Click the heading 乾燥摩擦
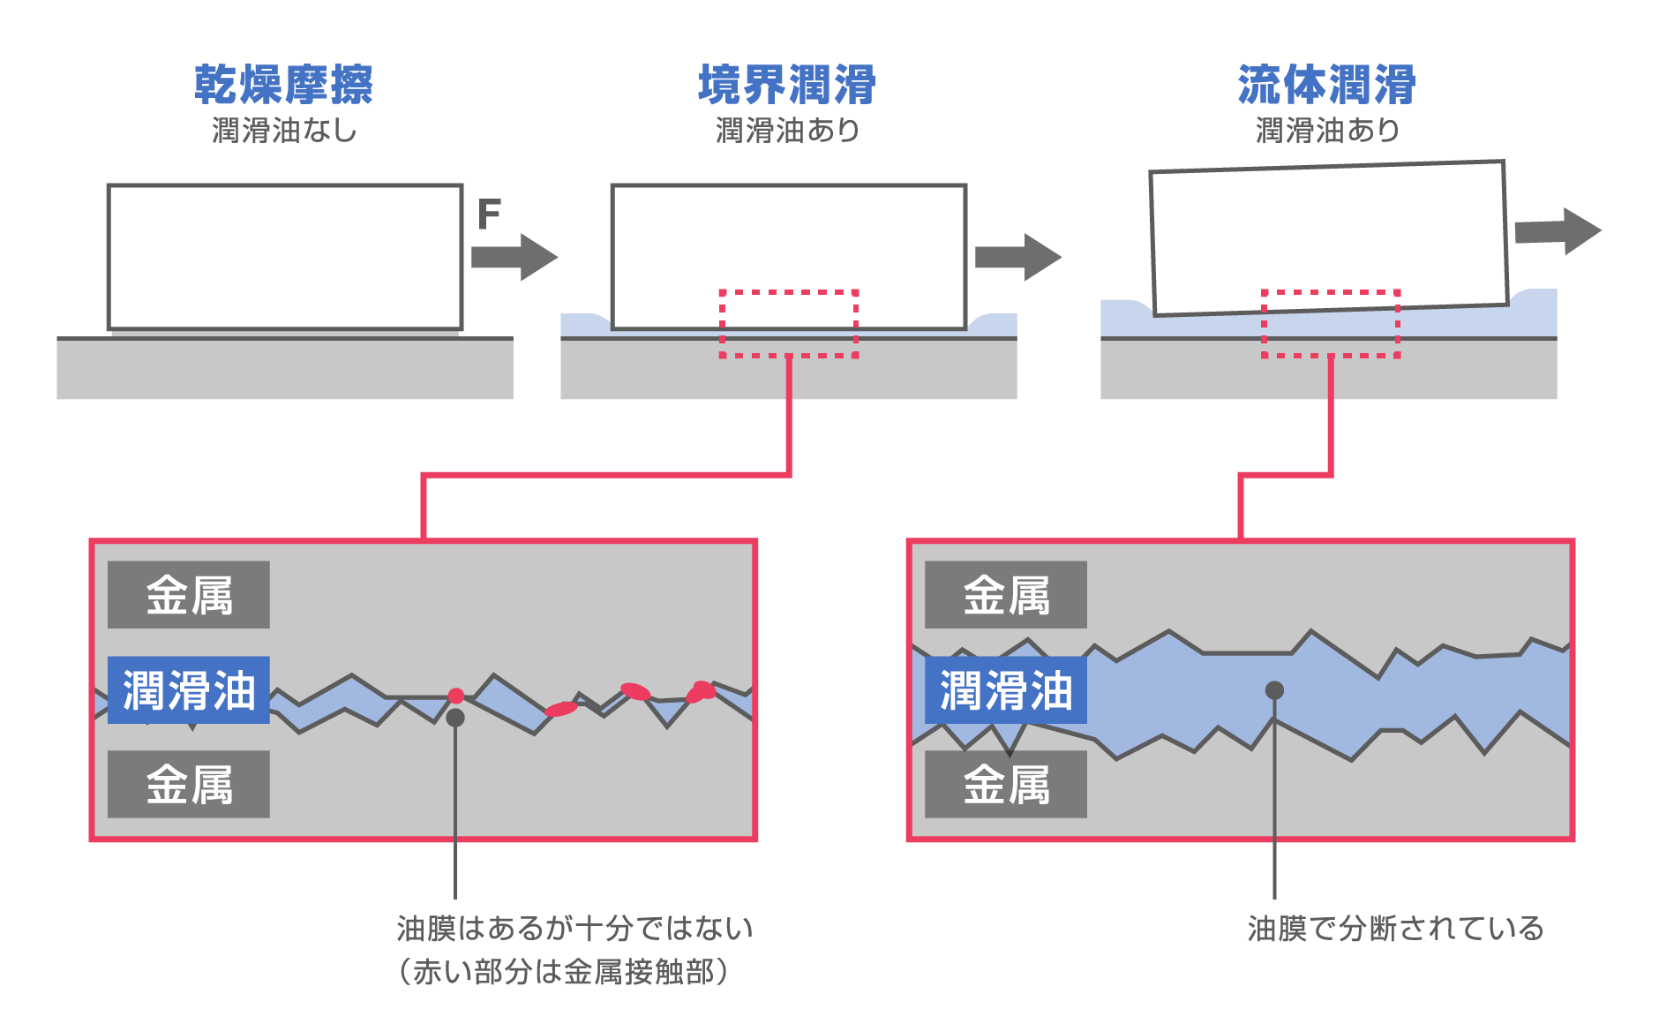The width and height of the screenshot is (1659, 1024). (x=283, y=85)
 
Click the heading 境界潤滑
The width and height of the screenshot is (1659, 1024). (x=787, y=85)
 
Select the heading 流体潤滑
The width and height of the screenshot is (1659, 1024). (x=1326, y=85)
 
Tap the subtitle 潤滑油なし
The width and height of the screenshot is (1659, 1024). (x=284, y=131)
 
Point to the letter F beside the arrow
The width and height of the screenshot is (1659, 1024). (x=489, y=214)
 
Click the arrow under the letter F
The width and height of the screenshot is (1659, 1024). (x=514, y=257)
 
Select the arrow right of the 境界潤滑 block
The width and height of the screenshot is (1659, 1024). (x=1017, y=257)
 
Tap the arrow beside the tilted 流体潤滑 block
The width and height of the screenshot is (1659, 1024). (x=1558, y=231)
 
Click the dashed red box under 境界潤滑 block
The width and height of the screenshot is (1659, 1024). (x=789, y=323)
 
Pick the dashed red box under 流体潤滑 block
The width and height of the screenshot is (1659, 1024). (x=1330, y=323)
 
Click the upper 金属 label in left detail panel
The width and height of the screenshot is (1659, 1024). (x=189, y=595)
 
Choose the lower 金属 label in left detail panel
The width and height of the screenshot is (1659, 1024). (x=189, y=784)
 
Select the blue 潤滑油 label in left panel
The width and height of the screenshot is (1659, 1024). (x=189, y=689)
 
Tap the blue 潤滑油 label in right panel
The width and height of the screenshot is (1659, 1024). (x=1006, y=689)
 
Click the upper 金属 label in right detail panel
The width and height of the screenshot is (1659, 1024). (x=1006, y=595)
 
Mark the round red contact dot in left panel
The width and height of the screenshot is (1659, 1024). (x=455, y=696)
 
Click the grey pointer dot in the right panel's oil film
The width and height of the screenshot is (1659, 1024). (x=1274, y=689)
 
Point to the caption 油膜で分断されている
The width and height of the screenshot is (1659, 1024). (x=1395, y=929)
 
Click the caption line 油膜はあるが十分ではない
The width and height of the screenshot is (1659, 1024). (x=574, y=929)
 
